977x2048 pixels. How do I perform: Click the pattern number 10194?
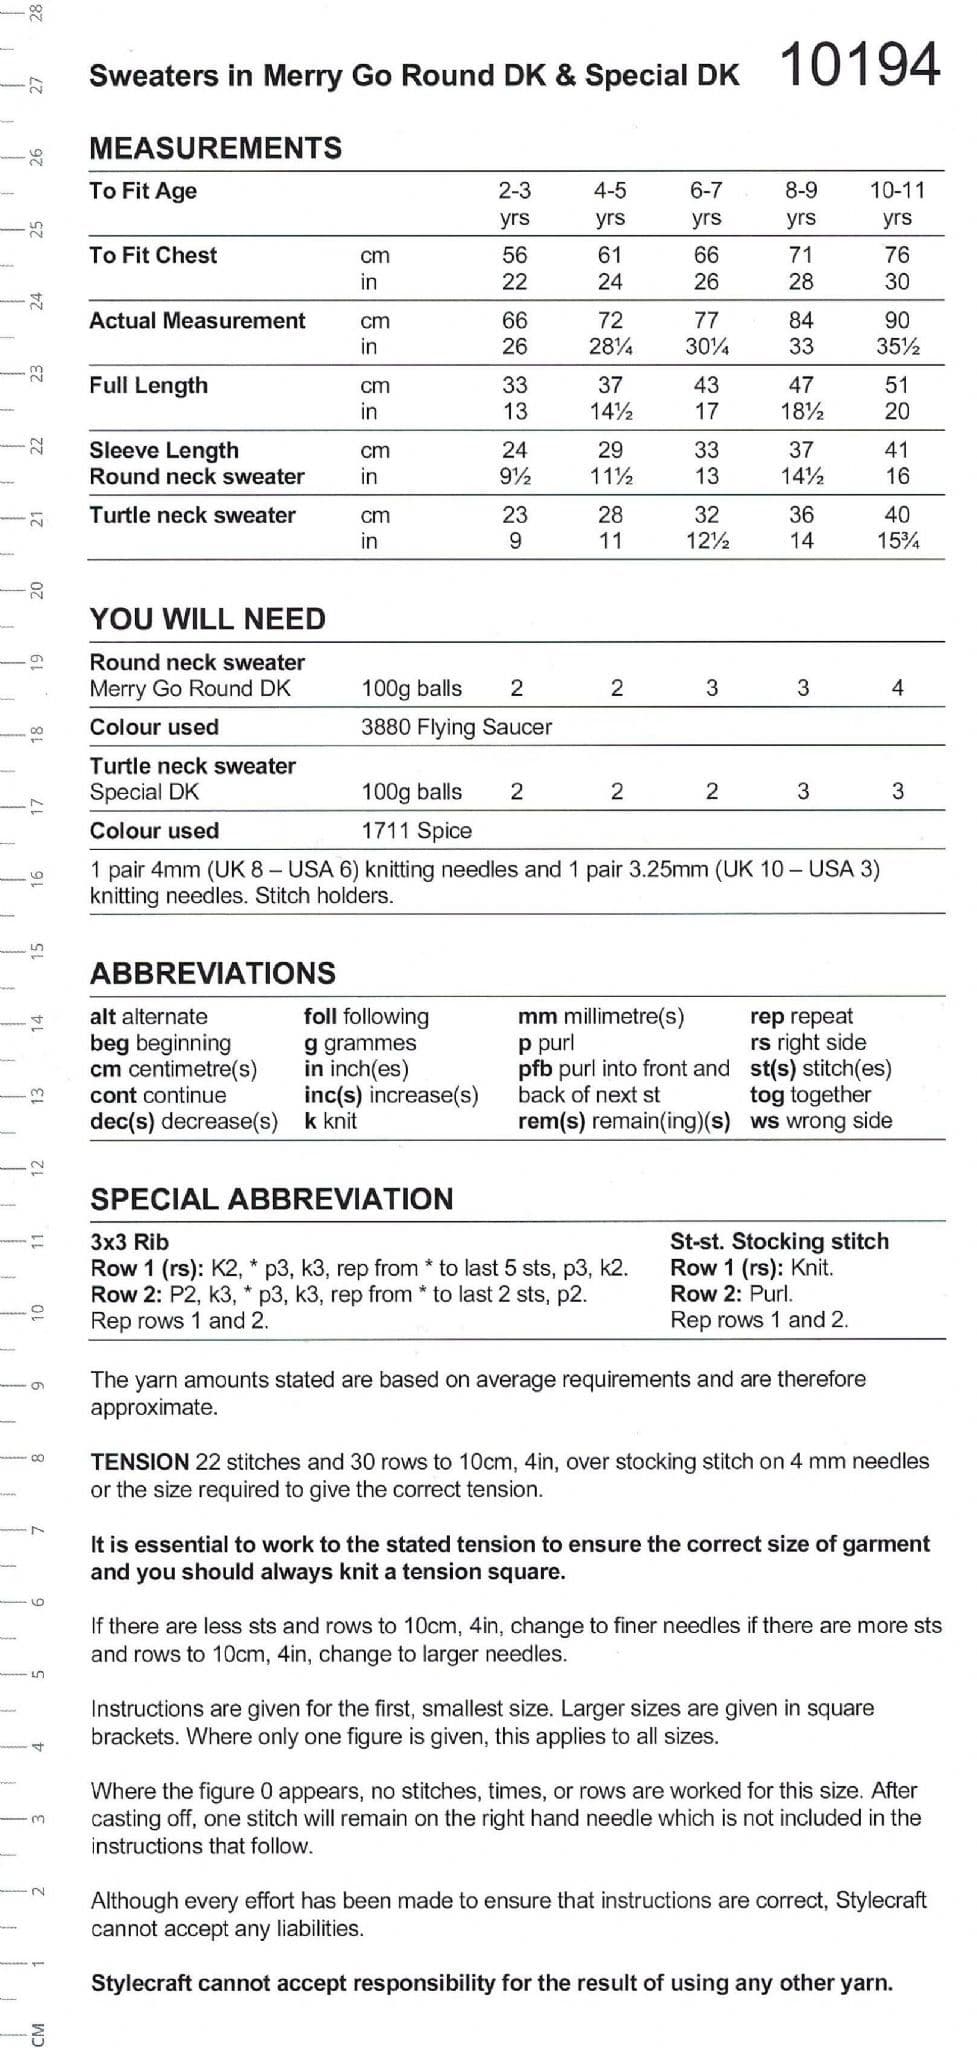pos(858,66)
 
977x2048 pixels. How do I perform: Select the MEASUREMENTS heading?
pos(215,148)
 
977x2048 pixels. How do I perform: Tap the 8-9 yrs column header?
pos(800,203)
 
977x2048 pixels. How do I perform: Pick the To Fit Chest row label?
pos(153,255)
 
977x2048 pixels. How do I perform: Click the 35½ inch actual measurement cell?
pos(897,347)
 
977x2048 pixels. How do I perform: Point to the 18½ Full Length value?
pos(801,411)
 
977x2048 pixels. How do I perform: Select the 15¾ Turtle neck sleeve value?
pos(897,541)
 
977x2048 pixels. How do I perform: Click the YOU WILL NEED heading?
pos(208,619)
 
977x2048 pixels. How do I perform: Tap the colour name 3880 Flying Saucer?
pos(456,727)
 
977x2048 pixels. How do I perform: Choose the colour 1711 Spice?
pos(416,830)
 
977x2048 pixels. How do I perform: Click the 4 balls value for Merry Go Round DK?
pos(897,688)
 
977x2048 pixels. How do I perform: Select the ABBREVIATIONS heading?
pos(212,973)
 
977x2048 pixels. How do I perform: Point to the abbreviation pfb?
pos(535,1068)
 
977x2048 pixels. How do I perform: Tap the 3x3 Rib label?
pos(129,1242)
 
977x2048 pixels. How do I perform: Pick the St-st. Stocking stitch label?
pos(779,1241)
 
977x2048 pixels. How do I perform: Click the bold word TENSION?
pos(139,1461)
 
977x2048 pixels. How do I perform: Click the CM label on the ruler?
pos(37,2033)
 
